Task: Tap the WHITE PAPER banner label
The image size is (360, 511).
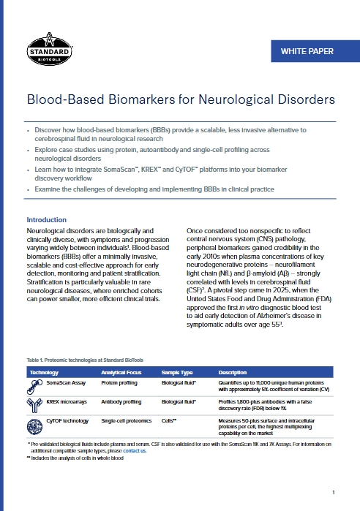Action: tap(307, 51)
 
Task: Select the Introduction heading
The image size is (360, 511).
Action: tap(46, 220)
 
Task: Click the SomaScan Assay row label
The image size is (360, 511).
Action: tap(67, 382)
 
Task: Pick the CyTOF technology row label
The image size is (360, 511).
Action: tap(67, 421)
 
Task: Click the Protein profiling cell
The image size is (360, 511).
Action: tap(120, 382)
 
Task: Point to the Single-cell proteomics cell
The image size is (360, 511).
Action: tap(127, 421)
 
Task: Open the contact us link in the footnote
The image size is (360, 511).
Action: tap(134, 451)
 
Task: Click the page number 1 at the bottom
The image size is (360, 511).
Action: tap(333, 493)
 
